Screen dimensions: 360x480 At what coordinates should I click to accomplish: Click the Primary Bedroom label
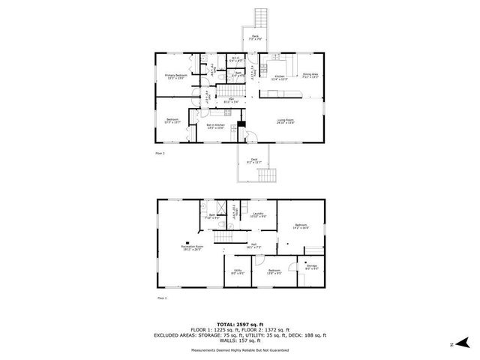coord(175,76)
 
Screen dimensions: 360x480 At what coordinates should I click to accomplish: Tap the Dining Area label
coord(309,76)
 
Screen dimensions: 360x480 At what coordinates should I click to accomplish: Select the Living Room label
coord(285,121)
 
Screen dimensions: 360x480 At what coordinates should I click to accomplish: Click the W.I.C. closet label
coord(235,59)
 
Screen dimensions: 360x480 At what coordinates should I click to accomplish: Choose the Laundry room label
coord(258,216)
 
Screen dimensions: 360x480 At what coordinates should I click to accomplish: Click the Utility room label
coord(238,271)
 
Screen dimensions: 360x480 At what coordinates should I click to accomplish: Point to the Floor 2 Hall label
coord(233,101)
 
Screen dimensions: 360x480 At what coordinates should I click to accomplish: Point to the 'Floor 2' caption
coord(160,152)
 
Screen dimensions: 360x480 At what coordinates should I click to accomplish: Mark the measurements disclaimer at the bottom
coord(240,349)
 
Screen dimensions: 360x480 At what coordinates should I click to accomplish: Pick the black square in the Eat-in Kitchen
coord(241,125)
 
